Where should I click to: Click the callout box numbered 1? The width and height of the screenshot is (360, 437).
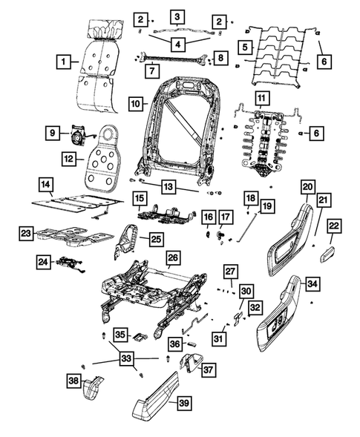click(66, 59)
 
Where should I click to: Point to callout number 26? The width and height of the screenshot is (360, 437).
click(172, 259)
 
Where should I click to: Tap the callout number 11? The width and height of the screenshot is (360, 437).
click(261, 99)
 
